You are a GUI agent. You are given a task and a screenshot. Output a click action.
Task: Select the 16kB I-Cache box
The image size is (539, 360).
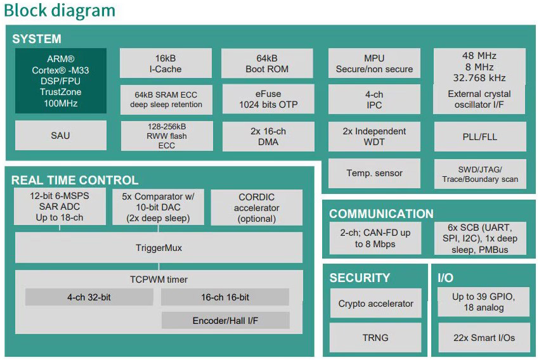pos(166,63)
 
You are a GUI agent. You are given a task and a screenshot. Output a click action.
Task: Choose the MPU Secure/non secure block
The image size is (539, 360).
pos(374,63)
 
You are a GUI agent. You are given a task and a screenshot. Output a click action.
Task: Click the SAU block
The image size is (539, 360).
pos(60,135)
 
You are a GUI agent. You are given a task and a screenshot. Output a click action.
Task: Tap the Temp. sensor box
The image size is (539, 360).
pos(374,173)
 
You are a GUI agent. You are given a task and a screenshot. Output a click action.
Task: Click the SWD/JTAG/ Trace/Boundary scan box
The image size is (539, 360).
pos(479,174)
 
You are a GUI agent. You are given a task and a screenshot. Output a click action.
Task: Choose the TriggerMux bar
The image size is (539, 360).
pos(159,248)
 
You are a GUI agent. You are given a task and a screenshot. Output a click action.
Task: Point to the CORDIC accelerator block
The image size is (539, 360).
pos(256,207)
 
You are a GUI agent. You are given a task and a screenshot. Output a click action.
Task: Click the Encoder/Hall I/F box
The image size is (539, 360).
pos(225,321)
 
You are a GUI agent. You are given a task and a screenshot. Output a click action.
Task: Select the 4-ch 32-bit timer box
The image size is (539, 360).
pos(89,297)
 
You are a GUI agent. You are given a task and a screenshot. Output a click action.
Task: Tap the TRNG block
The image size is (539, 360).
pos(375,338)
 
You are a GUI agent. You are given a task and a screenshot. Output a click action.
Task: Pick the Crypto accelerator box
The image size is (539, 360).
pos(375,304)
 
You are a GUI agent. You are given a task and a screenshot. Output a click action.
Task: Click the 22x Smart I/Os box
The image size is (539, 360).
pos(483,338)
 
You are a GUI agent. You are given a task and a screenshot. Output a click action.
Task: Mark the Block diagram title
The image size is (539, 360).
pos(60,10)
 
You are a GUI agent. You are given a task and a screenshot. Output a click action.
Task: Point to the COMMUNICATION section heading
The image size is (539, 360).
pos(381,214)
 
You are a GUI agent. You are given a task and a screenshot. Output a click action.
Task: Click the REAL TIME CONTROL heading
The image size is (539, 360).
pos(75,180)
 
